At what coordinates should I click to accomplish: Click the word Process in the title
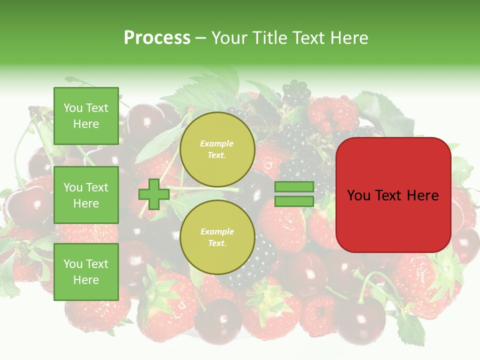coord(157,38)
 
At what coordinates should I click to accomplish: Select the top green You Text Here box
coord(86,116)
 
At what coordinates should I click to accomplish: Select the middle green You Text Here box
coord(86,195)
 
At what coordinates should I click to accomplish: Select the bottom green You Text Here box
coord(86,272)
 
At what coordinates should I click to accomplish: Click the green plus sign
coord(154,194)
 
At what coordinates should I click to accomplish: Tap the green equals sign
coord(294,194)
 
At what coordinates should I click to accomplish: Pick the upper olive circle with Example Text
coord(217,149)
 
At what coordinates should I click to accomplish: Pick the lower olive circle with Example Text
coord(217,237)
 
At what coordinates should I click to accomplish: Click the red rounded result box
coord(393,195)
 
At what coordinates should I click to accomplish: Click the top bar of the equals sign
coord(294,186)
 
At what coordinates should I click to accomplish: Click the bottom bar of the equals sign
coord(294,201)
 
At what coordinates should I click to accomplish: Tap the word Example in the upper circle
coord(217,144)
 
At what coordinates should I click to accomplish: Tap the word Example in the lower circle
coord(217,232)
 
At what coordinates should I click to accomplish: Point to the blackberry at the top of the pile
coord(296,93)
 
